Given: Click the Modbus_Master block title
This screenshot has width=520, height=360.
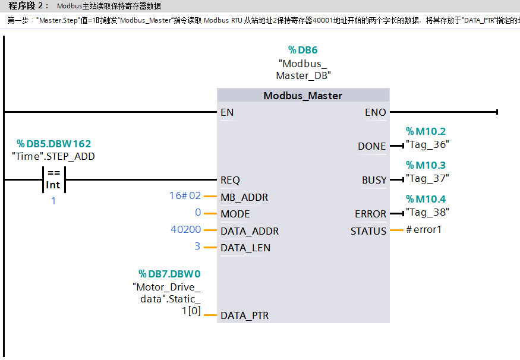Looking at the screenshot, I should [303, 96].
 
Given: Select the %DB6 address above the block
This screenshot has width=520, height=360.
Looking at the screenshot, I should [303, 50].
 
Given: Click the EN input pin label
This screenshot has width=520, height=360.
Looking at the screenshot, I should [227, 112].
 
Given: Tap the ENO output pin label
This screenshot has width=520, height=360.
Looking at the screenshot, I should [375, 112].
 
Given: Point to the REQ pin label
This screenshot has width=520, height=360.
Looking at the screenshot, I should [230, 180].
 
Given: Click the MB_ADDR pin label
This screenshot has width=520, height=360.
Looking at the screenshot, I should [244, 197].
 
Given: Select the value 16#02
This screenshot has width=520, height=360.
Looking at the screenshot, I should [185, 195].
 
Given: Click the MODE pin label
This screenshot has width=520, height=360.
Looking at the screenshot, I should [235, 214].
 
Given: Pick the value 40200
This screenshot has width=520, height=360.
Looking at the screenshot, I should [185, 229].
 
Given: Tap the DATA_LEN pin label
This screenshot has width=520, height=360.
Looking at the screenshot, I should [245, 248].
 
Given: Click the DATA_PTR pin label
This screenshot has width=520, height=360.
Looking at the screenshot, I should [244, 315].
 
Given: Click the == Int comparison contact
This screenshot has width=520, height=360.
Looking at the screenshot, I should [53, 179].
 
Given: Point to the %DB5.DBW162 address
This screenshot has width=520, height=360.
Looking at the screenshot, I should [53, 144].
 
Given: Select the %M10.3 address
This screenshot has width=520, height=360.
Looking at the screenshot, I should [426, 165].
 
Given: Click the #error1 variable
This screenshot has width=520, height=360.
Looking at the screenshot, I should [424, 229].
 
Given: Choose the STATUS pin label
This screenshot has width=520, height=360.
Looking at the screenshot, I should [368, 231].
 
